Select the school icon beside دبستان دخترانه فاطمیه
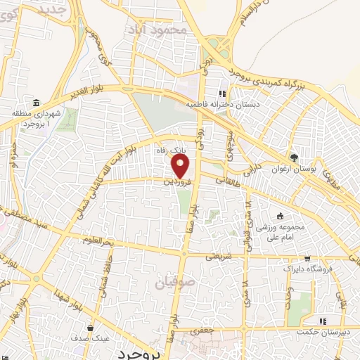222,93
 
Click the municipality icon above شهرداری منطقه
35,103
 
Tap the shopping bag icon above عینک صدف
89,328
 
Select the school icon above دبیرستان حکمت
321,321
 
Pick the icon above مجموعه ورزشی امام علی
280,216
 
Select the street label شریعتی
217,257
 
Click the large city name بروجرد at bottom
140,352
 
